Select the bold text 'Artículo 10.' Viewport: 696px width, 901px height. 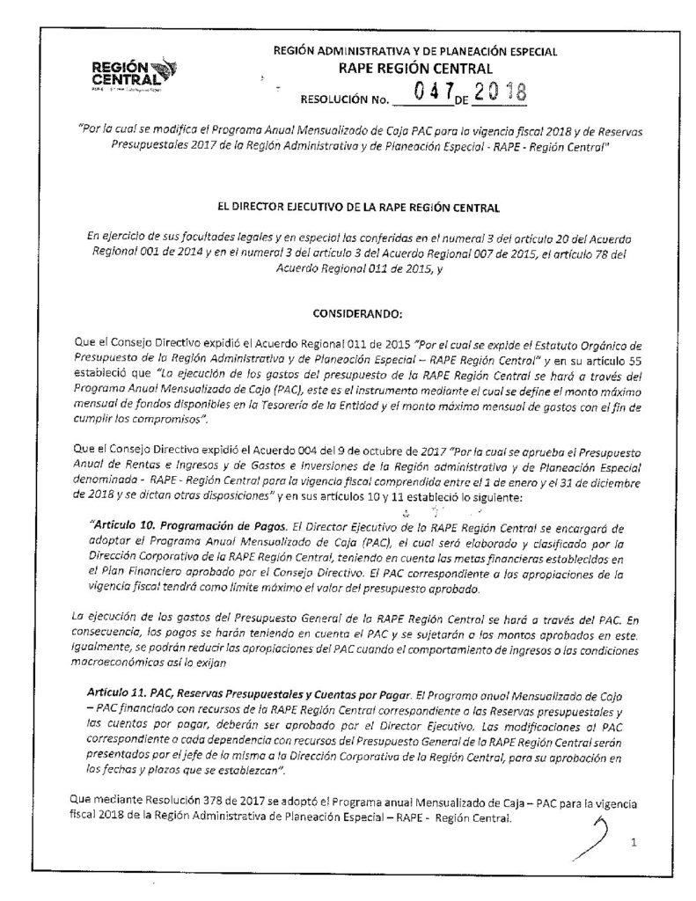click(x=121, y=528)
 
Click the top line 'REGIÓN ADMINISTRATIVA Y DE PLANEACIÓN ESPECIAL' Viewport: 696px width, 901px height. click(x=415, y=52)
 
